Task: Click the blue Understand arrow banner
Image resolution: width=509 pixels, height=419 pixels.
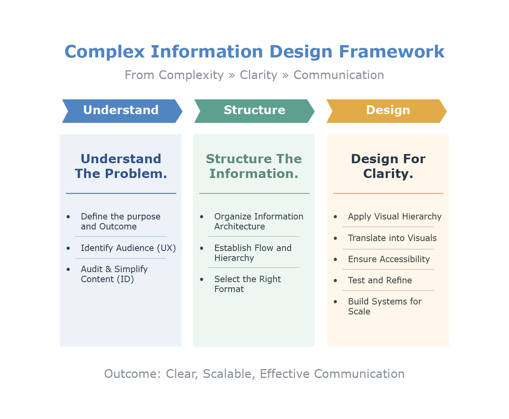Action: click(x=121, y=111)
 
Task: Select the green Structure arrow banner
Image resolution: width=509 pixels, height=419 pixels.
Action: click(x=254, y=111)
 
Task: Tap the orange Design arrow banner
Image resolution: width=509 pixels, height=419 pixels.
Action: click(x=388, y=111)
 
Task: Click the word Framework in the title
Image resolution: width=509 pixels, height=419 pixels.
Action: click(x=391, y=52)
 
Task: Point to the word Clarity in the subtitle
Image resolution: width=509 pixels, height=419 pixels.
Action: click(x=258, y=75)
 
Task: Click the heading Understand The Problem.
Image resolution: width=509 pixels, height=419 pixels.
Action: click(x=121, y=166)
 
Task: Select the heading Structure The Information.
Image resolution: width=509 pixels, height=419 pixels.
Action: click(x=254, y=166)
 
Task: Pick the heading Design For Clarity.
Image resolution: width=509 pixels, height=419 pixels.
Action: click(x=388, y=166)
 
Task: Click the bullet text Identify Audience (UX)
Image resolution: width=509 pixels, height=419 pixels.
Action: click(x=128, y=248)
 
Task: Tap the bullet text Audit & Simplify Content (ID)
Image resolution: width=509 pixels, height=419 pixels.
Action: click(x=114, y=274)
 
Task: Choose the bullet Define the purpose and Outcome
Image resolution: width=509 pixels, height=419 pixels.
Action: click(x=120, y=221)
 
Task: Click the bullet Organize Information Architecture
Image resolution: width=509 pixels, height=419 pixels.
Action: click(x=258, y=221)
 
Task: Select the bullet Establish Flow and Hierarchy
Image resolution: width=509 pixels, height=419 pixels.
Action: click(x=253, y=253)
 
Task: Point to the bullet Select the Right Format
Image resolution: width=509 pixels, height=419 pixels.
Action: click(x=248, y=284)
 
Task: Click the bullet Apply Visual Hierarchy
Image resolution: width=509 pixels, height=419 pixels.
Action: click(x=394, y=217)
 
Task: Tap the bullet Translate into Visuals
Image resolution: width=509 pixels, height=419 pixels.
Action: click(x=392, y=238)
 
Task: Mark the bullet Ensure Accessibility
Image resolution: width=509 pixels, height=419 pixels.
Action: click(x=389, y=259)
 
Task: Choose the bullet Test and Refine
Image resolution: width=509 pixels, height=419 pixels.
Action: click(x=380, y=281)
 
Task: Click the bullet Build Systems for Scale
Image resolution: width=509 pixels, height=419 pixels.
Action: click(x=384, y=306)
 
